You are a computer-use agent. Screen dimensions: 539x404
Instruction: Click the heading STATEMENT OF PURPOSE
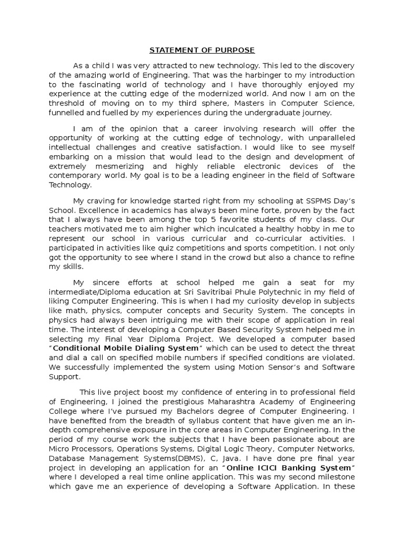point(202,51)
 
